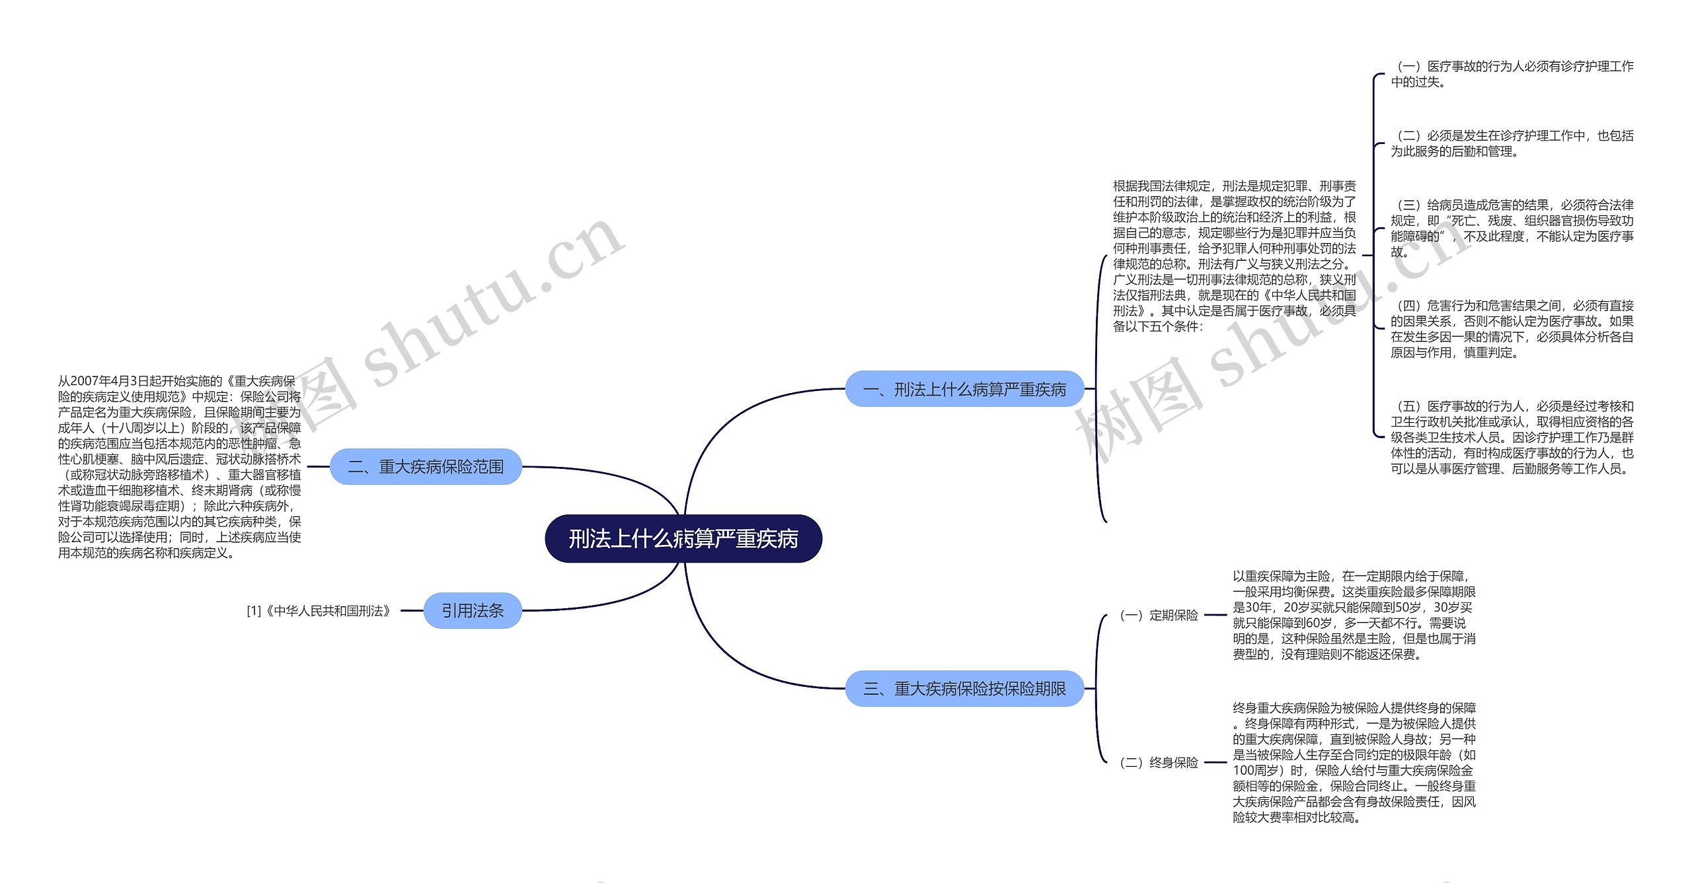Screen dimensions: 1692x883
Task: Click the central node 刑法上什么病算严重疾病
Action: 683,539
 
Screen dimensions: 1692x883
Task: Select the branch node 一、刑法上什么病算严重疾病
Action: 964,389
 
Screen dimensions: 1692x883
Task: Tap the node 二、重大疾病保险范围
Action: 426,467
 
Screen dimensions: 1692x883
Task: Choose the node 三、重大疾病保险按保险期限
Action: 964,689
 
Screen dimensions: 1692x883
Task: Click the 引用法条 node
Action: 473,611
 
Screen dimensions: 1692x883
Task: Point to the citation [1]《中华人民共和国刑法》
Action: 319,611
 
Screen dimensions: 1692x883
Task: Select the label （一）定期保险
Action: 1159,616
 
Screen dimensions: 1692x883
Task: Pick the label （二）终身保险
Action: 1159,763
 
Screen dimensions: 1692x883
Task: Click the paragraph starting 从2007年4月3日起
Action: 179,467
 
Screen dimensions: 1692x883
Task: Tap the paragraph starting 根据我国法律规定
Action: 1234,256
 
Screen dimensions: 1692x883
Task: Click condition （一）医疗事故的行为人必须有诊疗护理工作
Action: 1512,74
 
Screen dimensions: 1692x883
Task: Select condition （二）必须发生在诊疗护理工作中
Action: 1512,143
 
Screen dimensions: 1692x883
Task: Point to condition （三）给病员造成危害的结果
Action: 1512,228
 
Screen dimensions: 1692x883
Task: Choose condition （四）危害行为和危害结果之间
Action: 1512,329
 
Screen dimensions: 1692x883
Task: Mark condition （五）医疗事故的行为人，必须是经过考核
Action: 1512,437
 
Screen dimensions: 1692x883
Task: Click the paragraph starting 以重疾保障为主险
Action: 1354,616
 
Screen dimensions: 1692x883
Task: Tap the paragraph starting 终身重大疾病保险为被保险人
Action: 1354,763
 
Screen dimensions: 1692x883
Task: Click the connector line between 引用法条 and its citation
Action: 412,611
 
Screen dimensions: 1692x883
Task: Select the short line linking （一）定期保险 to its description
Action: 1215,616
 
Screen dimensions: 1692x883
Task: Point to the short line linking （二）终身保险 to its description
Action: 1215,763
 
